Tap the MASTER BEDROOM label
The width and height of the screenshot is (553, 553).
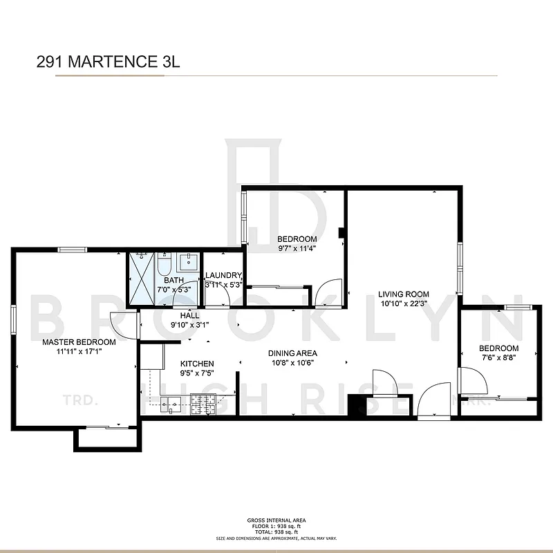(78, 342)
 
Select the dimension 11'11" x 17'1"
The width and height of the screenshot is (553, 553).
(78, 352)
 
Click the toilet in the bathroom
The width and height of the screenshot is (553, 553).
(164, 265)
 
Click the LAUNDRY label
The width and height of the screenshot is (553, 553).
(223, 276)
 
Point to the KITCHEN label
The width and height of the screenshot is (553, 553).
(197, 364)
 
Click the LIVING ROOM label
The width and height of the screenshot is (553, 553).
(404, 293)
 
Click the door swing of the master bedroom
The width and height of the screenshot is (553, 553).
(124, 326)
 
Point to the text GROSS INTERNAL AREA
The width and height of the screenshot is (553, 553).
(276, 520)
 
